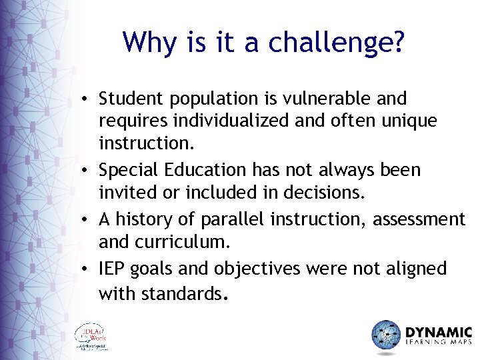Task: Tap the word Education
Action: pyautogui.click(x=203, y=170)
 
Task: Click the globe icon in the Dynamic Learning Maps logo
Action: pyautogui.click(x=385, y=335)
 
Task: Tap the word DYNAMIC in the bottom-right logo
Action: pyautogui.click(x=438, y=332)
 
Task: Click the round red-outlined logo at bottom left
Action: pyautogui.click(x=91, y=337)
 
